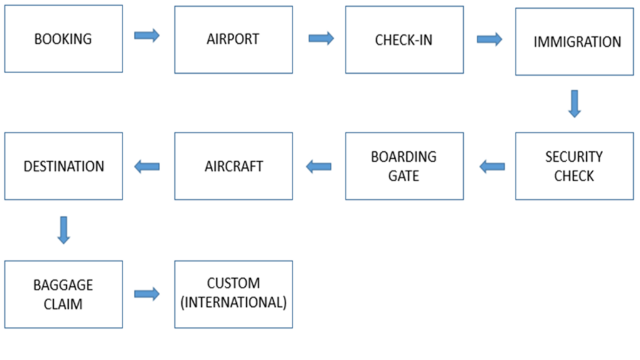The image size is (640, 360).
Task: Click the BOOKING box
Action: [x=63, y=39]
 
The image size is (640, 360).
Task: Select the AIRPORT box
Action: [x=233, y=39]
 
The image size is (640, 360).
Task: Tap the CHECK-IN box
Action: [x=404, y=39]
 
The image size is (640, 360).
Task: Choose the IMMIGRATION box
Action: [x=574, y=42]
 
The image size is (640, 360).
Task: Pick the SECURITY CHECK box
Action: [x=574, y=166]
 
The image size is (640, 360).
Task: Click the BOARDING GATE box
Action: [x=404, y=166]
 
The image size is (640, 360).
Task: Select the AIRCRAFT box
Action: [x=233, y=166]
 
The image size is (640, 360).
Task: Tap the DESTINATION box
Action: [x=63, y=166]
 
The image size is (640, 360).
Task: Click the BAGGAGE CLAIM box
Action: [x=63, y=294]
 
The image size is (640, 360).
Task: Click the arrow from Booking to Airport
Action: [x=147, y=35]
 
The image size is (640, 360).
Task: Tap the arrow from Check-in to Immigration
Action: [x=489, y=39]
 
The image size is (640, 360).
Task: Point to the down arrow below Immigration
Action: [x=574, y=104]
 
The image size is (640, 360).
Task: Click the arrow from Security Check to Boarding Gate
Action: [x=492, y=166]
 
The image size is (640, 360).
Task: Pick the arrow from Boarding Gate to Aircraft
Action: [x=319, y=166]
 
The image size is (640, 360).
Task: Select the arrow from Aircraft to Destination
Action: [x=147, y=166]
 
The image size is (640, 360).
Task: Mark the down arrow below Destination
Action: [x=63, y=229]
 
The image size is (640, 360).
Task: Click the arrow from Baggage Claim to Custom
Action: [x=147, y=294]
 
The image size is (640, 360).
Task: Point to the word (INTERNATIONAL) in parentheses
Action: [x=233, y=302]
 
